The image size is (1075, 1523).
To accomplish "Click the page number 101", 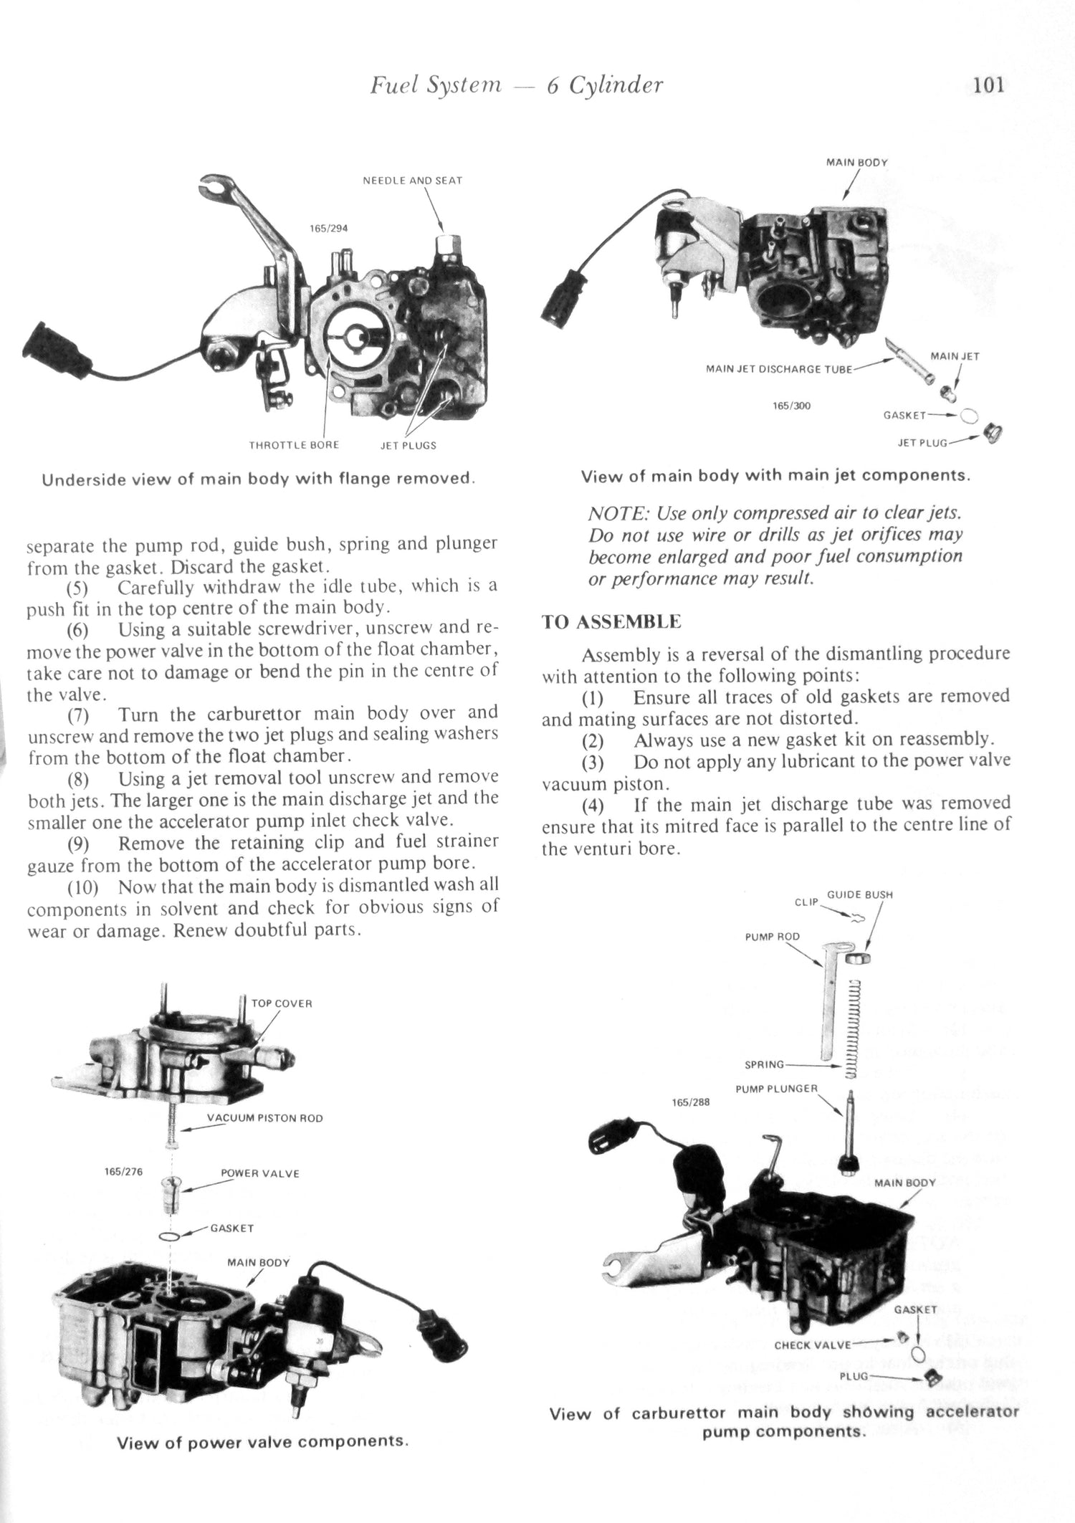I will [990, 85].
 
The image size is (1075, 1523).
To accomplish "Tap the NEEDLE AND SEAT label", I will [412, 181].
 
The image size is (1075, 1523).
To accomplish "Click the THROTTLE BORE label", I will [294, 445].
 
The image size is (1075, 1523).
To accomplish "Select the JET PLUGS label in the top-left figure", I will [408, 445].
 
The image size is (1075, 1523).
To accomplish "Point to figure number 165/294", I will [328, 229].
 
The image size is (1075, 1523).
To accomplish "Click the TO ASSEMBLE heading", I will [611, 621].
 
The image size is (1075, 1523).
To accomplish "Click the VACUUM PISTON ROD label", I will [264, 1118].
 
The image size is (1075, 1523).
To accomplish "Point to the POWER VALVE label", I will [259, 1173].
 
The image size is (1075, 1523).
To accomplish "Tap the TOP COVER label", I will [282, 1003].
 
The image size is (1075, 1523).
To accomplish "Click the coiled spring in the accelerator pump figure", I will [852, 1028].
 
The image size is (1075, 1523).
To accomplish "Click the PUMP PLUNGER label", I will [776, 1089].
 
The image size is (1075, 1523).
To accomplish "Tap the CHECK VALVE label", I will [812, 1345].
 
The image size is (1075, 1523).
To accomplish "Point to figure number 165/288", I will [691, 1102].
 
